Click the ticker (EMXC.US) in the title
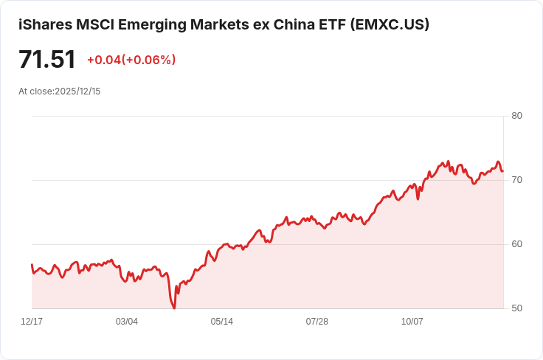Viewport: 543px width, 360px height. pyautogui.click(x=390, y=24)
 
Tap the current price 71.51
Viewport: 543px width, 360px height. pyautogui.click(x=47, y=60)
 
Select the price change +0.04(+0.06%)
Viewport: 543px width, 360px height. pyautogui.click(x=131, y=60)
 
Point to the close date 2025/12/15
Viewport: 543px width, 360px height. pyautogui.click(x=77, y=91)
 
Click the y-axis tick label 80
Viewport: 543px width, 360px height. pyautogui.click(x=516, y=116)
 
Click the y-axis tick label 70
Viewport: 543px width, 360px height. pyautogui.click(x=516, y=180)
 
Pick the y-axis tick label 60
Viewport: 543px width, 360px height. pyautogui.click(x=516, y=244)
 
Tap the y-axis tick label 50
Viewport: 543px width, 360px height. pyautogui.click(x=516, y=308)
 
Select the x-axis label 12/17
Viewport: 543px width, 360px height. pyautogui.click(x=32, y=322)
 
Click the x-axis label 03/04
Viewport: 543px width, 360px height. pyautogui.click(x=127, y=322)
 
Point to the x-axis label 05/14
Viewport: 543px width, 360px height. pyautogui.click(x=222, y=322)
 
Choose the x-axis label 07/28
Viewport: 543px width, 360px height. pyautogui.click(x=317, y=322)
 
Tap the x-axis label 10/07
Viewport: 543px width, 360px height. pyautogui.click(x=412, y=322)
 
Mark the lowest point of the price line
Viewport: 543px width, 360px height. pyautogui.click(x=174, y=308)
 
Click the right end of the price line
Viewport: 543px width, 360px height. pyautogui.click(x=502, y=171)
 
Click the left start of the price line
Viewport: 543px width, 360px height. pyautogui.click(x=32, y=264)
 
